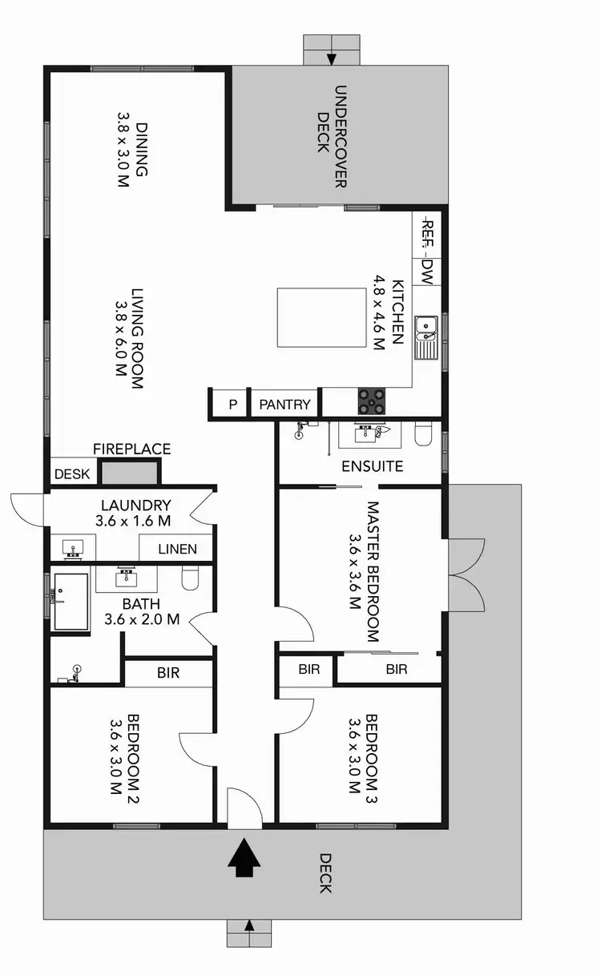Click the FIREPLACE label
tap(131, 449)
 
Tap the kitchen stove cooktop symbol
tap(372, 400)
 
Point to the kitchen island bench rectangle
tap(318, 317)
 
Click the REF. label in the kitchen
tap(427, 232)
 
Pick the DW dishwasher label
tap(427, 272)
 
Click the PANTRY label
tap(284, 405)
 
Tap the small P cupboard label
tap(232, 405)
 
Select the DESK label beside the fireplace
tap(72, 473)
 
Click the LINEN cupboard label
tap(176, 549)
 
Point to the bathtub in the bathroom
tap(70, 602)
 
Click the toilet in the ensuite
tap(423, 434)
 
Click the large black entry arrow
tap(244, 860)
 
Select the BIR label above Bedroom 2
tap(168, 674)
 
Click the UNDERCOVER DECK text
tap(330, 136)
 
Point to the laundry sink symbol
tap(74, 550)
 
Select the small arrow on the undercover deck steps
tap(331, 58)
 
